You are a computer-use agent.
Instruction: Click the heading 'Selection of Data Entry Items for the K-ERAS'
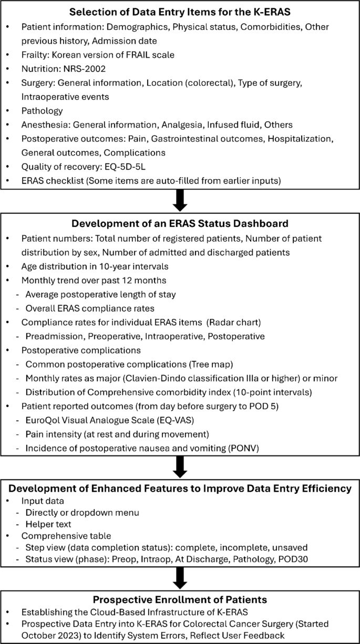coord(180,11)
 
